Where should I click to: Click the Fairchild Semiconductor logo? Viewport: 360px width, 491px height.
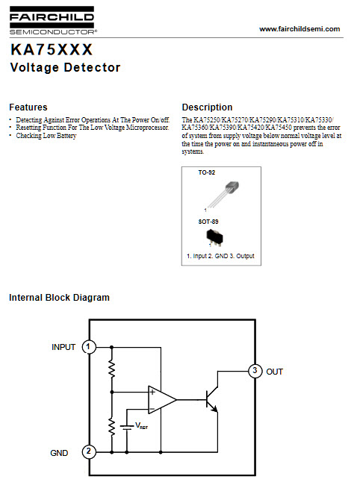pyautogui.click(x=52, y=20)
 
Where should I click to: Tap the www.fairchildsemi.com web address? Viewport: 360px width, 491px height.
pyautogui.click(x=300, y=29)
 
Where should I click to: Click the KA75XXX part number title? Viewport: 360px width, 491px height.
pyautogui.click(x=52, y=49)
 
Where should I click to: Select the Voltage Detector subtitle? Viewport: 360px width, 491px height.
pyautogui.click(x=65, y=68)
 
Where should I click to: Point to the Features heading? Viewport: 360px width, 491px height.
pyautogui.click(x=28, y=107)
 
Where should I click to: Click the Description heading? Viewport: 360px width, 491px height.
pyautogui.click(x=207, y=107)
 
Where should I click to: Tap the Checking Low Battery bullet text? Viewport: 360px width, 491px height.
pyautogui.click(x=46, y=136)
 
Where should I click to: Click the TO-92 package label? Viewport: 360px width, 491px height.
pyautogui.click(x=206, y=172)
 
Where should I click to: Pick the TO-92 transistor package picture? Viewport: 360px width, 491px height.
pyautogui.click(x=222, y=195)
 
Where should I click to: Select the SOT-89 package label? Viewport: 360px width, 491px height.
pyautogui.click(x=208, y=222)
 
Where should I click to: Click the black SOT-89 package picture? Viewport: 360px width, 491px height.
pyautogui.click(x=214, y=237)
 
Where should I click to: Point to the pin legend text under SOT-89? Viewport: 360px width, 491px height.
pyautogui.click(x=220, y=256)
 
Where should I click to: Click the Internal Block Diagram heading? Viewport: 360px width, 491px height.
pyautogui.click(x=59, y=298)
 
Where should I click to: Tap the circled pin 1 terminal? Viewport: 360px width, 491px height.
pyautogui.click(x=89, y=347)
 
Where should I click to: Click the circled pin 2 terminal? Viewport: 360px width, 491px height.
pyautogui.click(x=89, y=451)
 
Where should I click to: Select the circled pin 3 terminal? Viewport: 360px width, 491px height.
pyautogui.click(x=255, y=371)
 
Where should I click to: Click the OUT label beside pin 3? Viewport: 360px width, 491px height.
pyautogui.click(x=274, y=372)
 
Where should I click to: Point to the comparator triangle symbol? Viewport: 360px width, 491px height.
pyautogui.click(x=161, y=399)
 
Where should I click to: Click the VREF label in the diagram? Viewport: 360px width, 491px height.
pyautogui.click(x=141, y=425)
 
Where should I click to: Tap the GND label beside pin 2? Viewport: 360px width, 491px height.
pyautogui.click(x=59, y=453)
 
